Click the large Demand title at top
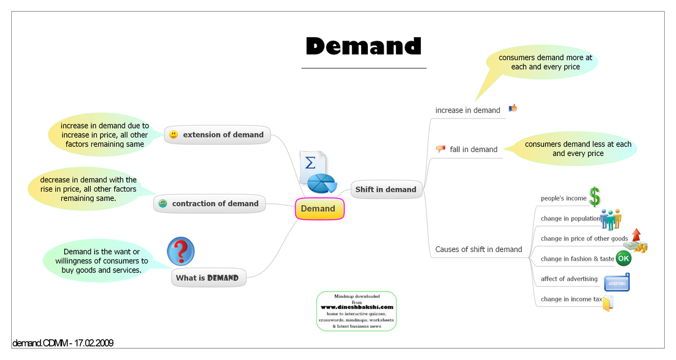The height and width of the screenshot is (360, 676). (363, 46)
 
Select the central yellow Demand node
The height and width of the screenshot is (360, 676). (319, 209)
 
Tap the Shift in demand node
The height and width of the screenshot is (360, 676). (386, 189)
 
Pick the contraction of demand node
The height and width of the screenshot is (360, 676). (210, 203)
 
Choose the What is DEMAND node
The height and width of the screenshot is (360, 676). (208, 278)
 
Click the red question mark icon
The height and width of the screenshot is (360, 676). (181, 251)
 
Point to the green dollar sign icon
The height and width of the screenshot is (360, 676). (595, 197)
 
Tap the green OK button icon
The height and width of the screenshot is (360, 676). (623, 259)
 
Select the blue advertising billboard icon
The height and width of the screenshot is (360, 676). (616, 282)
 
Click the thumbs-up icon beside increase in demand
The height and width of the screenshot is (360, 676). (513, 108)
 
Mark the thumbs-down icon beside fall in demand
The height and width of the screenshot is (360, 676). (440, 149)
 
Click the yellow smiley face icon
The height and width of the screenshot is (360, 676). (174, 135)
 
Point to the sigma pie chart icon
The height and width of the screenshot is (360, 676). (317, 171)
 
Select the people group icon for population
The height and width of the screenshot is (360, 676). (610, 219)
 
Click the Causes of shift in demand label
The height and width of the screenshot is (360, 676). (478, 249)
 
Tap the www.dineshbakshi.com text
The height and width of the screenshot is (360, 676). (357, 307)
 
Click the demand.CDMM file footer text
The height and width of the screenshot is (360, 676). (63, 343)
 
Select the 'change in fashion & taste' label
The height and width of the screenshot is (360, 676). (577, 259)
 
